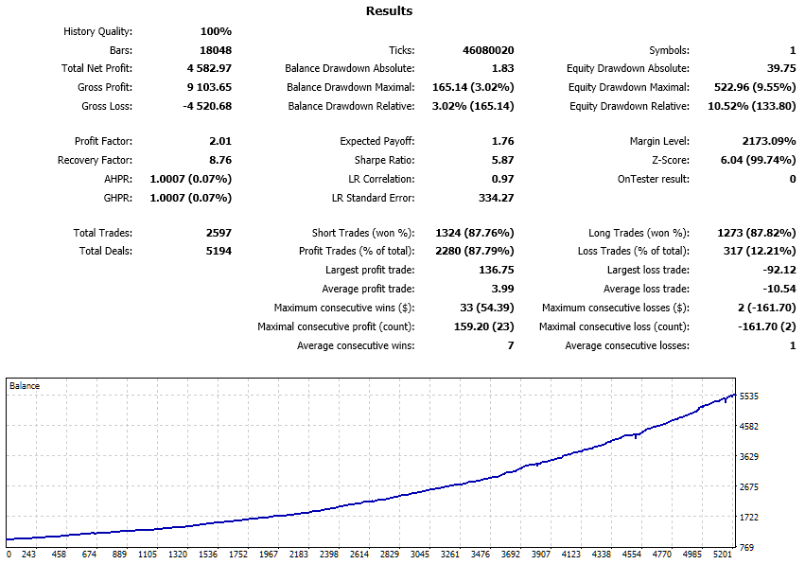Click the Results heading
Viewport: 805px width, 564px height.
pos(389,11)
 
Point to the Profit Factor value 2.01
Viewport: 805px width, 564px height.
pos(220,141)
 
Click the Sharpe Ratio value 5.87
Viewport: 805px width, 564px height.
pos(501,160)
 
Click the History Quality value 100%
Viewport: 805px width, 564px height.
pos(215,31)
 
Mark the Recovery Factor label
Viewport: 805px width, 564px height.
pos(95,160)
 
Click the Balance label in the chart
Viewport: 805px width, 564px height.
pos(25,386)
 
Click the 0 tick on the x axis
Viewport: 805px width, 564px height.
pos(9,555)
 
